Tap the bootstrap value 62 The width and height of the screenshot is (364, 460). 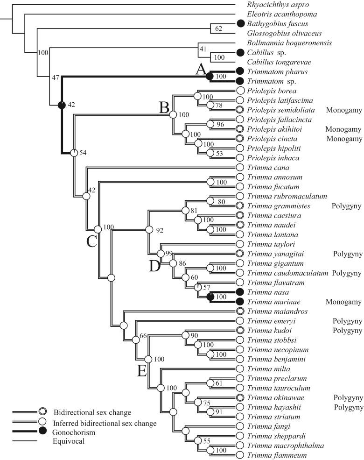[219, 29]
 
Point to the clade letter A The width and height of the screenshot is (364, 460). [200, 70]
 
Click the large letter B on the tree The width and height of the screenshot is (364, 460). [164, 108]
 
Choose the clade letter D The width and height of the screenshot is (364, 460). [154, 266]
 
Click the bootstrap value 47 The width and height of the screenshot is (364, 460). [56, 78]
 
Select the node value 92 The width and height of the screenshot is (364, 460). [160, 230]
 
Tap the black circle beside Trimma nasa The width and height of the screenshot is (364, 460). [241, 291]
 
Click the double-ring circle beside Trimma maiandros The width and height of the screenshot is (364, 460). [241, 311]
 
